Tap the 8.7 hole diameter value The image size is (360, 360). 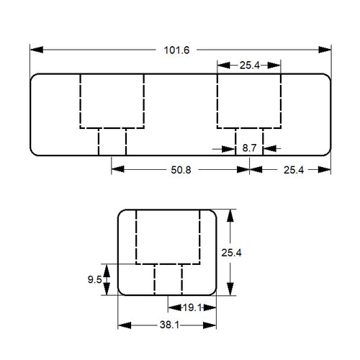[250, 147]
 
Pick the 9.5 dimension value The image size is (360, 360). [93, 279]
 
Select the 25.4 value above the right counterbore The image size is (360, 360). [249, 65]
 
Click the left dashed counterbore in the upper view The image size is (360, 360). [112, 100]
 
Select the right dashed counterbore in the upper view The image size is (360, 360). [248, 100]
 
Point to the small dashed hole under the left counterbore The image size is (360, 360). [112, 140]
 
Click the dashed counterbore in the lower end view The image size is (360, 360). [167, 237]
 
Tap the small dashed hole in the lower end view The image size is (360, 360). [168, 279]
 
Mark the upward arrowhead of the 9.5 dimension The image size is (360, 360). [107, 269]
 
